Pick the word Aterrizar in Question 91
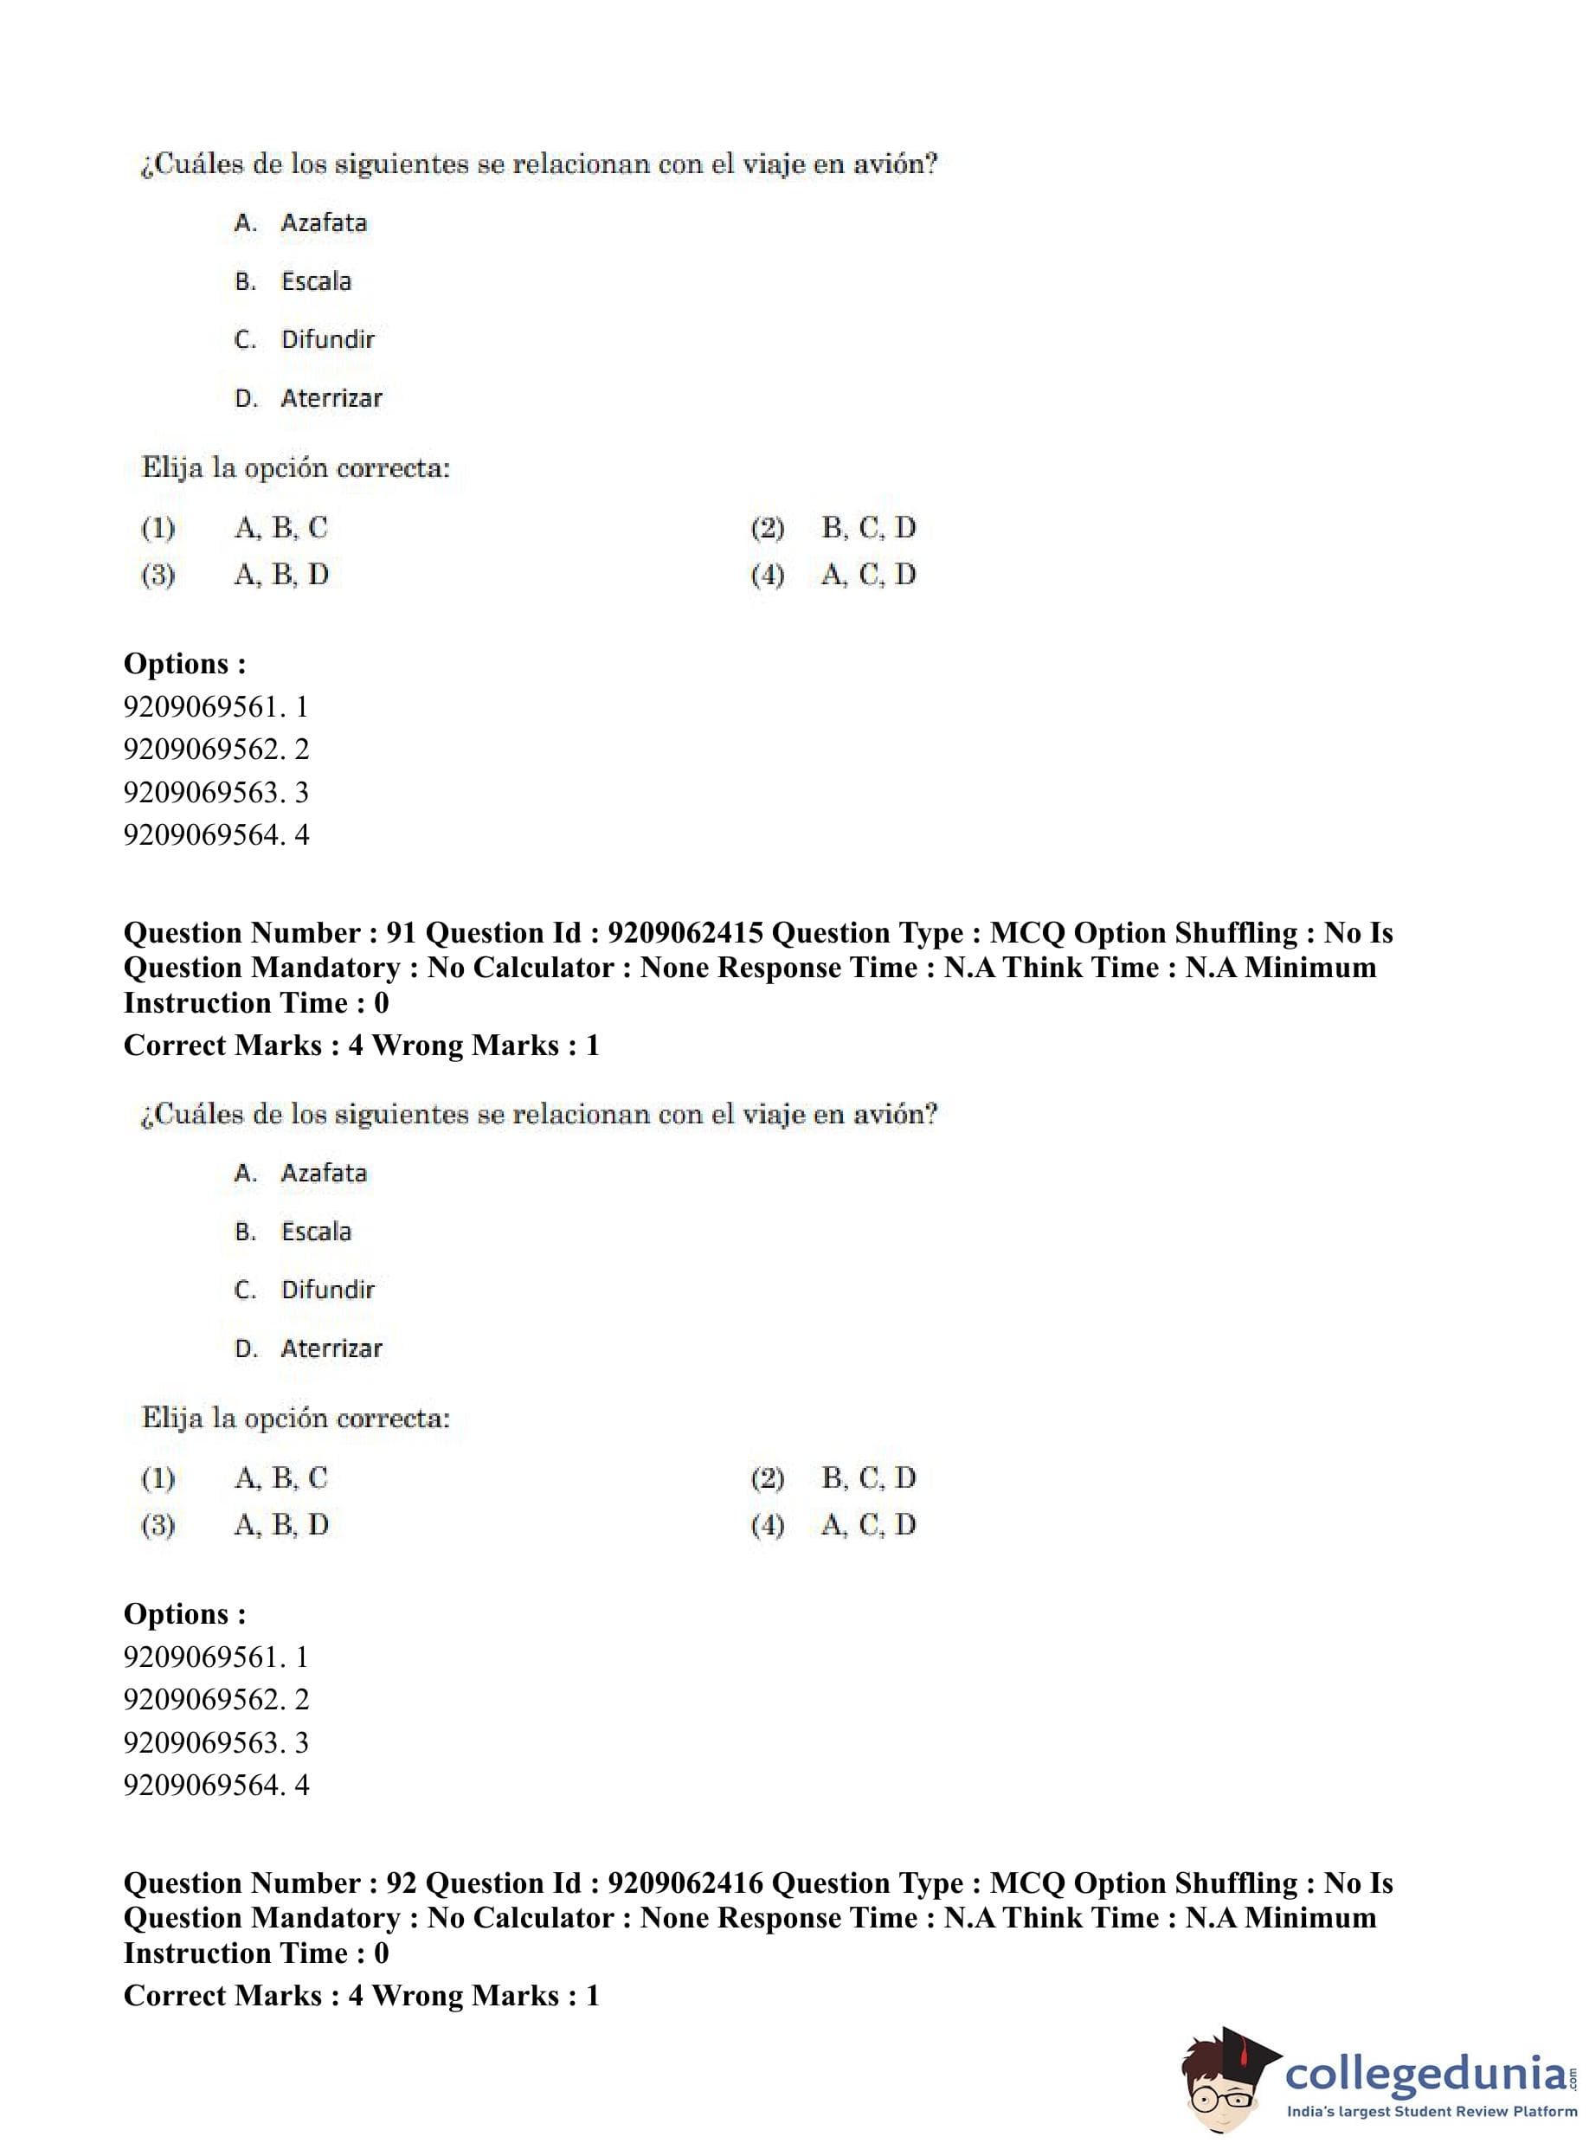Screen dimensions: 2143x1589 coord(331,1348)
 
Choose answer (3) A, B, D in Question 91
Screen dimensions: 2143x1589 coord(281,1526)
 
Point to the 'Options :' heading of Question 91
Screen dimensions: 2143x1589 coord(184,1614)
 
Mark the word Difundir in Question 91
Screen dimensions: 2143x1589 coord(327,1290)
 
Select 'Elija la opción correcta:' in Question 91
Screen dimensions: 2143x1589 coord(295,1419)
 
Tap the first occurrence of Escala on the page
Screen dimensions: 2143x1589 coord(316,282)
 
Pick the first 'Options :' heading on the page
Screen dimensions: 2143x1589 coord(184,664)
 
